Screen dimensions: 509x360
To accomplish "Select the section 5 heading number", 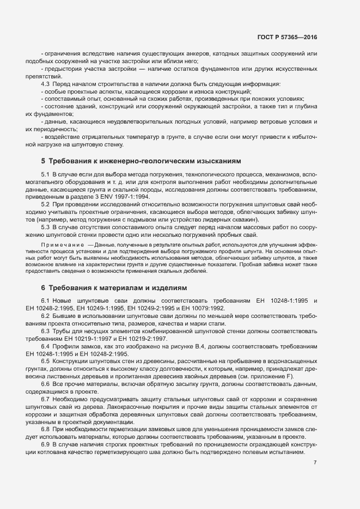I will [x=43, y=161].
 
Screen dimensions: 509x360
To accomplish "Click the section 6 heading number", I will [x=43, y=287].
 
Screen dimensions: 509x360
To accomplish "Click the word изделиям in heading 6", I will [x=169, y=287].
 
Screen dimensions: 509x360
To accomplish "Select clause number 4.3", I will [x=46, y=84].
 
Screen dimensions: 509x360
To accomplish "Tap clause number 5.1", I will [x=46, y=174].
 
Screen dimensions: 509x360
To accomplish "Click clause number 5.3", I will [x=46, y=226].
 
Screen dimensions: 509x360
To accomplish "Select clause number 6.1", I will [x=46, y=301].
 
